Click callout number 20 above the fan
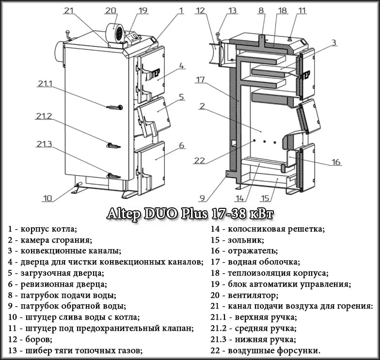click(x=111, y=10)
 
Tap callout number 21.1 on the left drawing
click(x=44, y=84)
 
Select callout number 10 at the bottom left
click(x=47, y=198)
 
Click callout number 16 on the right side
click(x=336, y=162)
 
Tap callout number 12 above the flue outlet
click(x=201, y=10)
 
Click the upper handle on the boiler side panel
click(x=114, y=107)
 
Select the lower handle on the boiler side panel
click(x=113, y=175)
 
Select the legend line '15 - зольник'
click(x=237, y=240)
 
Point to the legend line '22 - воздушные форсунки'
click(x=266, y=350)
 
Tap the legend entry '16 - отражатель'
click(x=244, y=251)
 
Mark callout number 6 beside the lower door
click(x=182, y=145)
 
